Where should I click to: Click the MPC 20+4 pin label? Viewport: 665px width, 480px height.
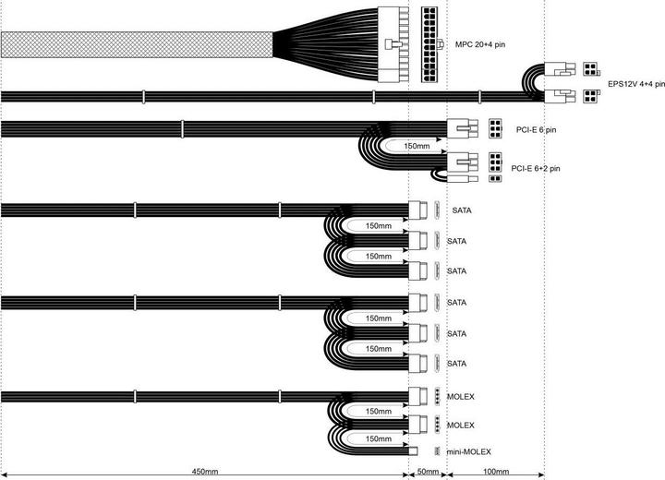point(480,44)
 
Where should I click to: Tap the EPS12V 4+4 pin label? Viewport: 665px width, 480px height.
point(636,84)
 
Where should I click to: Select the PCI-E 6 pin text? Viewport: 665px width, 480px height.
point(536,130)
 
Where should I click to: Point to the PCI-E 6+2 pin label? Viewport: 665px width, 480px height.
point(535,168)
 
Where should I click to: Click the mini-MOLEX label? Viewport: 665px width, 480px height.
point(468,452)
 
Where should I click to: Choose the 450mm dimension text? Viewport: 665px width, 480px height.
point(205,472)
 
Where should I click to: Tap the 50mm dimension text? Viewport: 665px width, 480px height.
point(428,472)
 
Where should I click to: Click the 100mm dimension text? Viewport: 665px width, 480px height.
point(496,472)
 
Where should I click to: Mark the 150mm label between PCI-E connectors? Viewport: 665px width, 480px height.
point(417,146)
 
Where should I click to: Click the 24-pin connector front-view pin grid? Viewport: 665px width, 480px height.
point(429,44)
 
